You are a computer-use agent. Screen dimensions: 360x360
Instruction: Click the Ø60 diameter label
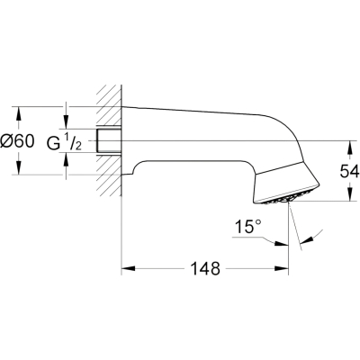[17, 140]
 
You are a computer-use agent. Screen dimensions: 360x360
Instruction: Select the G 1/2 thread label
[64, 141]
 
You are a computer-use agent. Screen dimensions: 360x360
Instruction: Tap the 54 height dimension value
[349, 172]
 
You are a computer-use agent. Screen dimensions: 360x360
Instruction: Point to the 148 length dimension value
[205, 268]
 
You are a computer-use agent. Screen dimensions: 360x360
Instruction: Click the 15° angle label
[248, 227]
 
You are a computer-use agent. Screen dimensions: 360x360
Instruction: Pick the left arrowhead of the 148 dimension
[127, 268]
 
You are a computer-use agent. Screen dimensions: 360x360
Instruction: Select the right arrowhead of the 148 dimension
[282, 268]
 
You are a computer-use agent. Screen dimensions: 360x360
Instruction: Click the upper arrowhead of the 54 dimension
[349, 147]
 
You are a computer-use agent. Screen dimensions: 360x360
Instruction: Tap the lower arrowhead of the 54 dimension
[349, 195]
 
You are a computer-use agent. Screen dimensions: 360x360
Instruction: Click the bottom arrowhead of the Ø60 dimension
[19, 168]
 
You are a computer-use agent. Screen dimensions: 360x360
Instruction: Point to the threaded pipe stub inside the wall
[109, 140]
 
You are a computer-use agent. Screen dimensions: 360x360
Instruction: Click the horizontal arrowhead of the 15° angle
[282, 243]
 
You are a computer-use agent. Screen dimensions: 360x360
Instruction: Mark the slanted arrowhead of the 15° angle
[306, 239]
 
